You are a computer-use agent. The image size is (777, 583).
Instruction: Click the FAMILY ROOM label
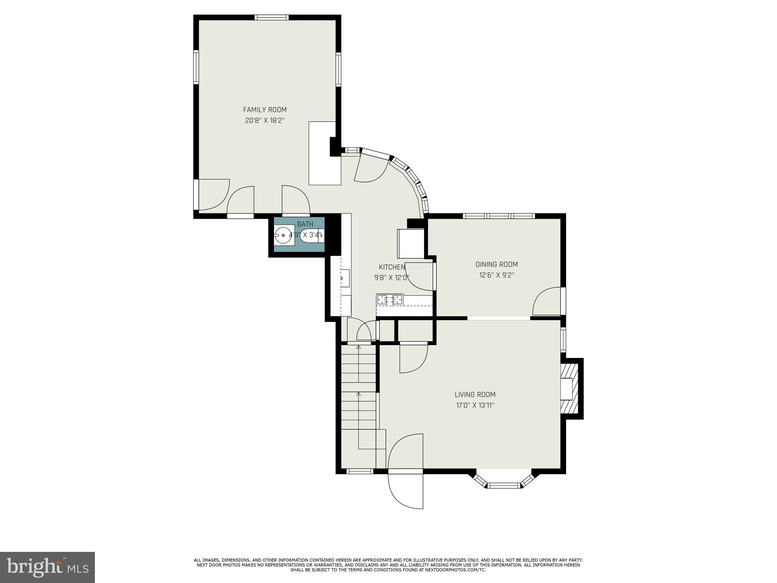point(265,110)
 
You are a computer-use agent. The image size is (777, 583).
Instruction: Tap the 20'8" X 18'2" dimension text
point(265,121)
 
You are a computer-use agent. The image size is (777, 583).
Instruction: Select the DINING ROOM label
point(496,264)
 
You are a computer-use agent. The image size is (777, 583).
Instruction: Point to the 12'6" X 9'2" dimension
point(496,275)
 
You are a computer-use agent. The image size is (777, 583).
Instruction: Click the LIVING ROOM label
point(475,394)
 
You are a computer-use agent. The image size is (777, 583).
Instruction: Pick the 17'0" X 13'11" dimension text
point(475,405)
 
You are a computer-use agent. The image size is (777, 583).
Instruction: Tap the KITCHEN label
point(392,267)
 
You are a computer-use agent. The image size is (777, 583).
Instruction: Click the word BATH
point(305,224)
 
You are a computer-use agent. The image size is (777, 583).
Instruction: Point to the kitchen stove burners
point(389,300)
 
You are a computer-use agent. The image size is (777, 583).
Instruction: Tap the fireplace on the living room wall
point(569,389)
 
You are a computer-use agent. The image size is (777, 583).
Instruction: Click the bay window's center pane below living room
point(504,485)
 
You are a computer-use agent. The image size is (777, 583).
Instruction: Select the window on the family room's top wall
point(271,17)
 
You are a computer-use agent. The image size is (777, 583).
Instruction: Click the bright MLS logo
point(47,567)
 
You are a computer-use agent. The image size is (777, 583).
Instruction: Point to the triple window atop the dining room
point(499,216)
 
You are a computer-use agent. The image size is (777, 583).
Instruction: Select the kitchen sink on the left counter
point(345,278)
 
